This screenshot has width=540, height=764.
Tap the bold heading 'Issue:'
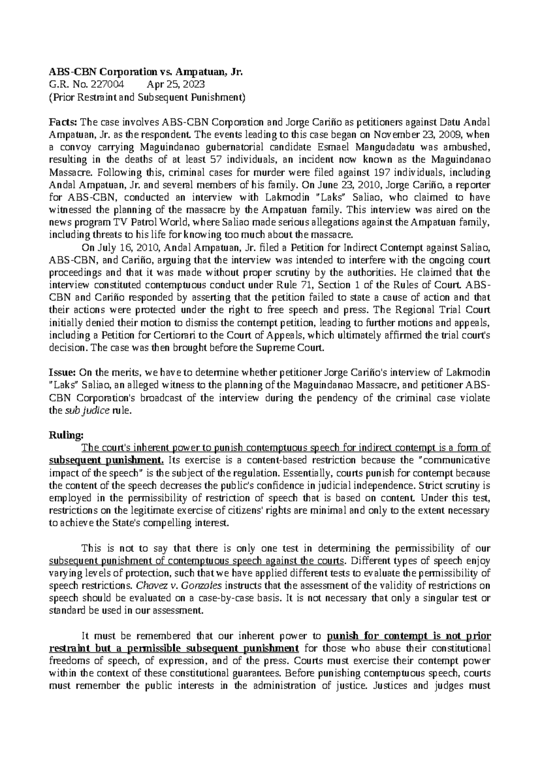(x=63, y=372)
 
